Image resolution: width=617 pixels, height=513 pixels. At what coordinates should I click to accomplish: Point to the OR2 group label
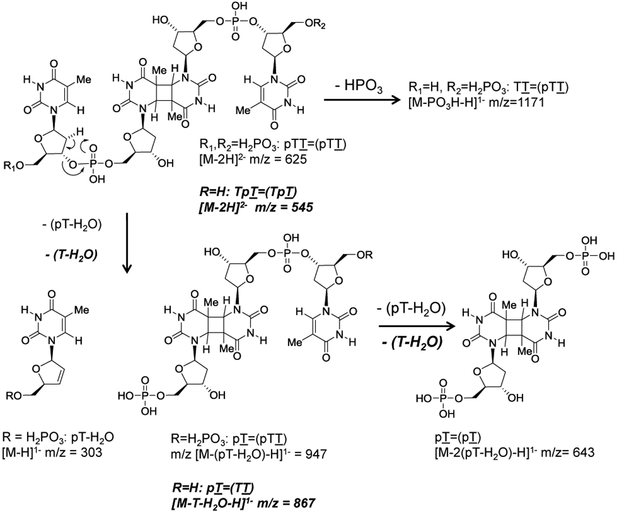pos(313,25)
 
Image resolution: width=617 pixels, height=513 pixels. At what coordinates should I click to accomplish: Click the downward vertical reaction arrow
pos(127,243)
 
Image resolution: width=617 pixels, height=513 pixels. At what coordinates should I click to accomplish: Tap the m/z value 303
pos(90,452)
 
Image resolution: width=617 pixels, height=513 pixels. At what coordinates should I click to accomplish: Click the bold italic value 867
pos(302,503)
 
